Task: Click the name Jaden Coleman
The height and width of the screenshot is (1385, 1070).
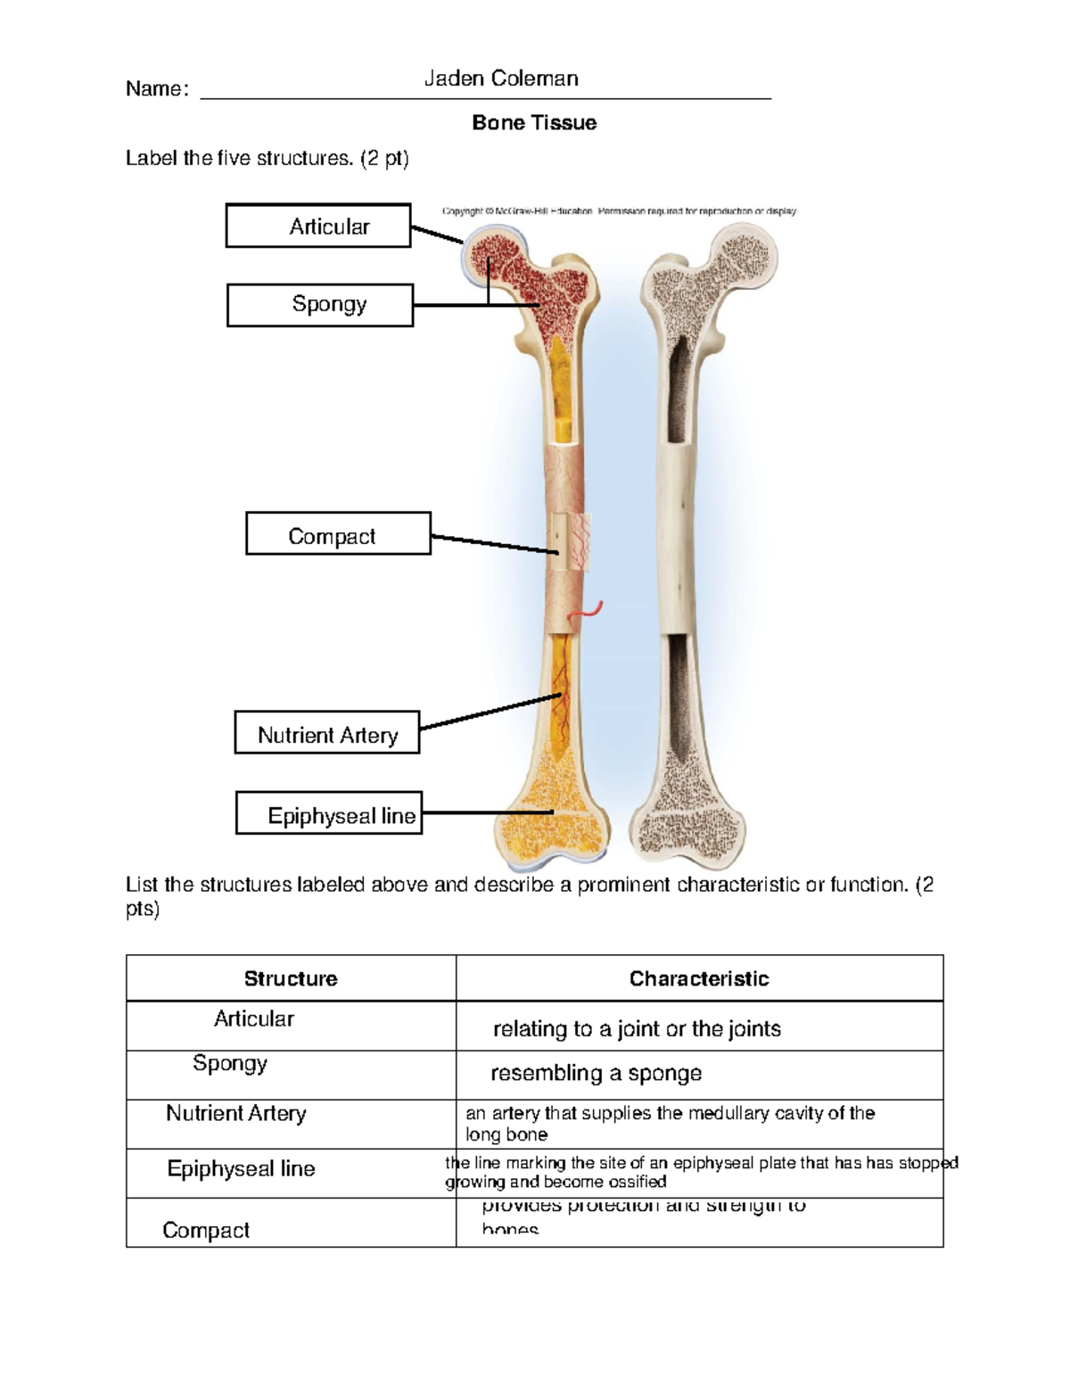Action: tap(501, 78)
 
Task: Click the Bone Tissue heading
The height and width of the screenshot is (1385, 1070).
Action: tap(534, 123)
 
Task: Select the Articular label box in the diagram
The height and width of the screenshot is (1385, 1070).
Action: tap(318, 226)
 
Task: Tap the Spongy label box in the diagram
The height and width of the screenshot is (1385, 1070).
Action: tap(320, 305)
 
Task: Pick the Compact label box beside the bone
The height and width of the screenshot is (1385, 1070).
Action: tap(338, 533)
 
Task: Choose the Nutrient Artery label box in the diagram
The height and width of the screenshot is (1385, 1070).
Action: tap(327, 732)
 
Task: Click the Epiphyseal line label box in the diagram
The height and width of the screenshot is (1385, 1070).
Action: tap(329, 812)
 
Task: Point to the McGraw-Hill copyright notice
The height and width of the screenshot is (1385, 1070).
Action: tap(619, 211)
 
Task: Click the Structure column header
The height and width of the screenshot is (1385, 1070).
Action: tap(291, 978)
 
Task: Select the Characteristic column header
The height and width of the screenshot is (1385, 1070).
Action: tap(699, 978)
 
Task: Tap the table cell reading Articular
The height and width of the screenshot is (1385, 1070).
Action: tap(254, 1019)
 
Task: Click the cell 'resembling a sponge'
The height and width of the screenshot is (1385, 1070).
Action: tap(596, 1073)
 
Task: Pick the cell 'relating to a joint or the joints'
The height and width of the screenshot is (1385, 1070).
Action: tap(637, 1029)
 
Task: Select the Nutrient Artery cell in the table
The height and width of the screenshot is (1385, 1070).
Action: tap(236, 1113)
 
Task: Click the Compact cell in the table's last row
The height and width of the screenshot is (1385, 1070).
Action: tap(206, 1230)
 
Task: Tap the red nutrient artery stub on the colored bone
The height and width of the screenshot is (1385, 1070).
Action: tap(590, 612)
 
